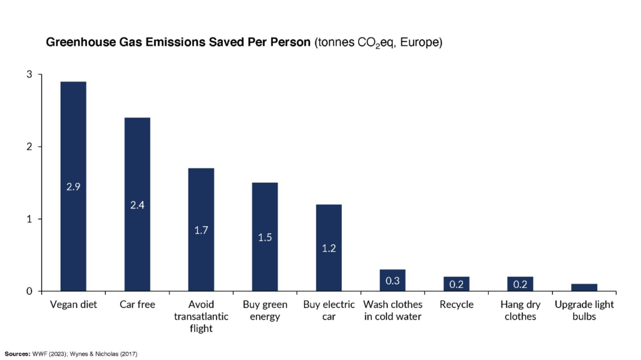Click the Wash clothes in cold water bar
(392, 280)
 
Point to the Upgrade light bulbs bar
(584, 287)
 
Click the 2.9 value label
(73, 187)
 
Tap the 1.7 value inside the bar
(201, 230)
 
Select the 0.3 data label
(392, 280)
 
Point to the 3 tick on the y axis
(29, 75)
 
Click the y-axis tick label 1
(29, 219)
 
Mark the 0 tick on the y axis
(29, 291)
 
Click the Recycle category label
(456, 305)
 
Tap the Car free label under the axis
(137, 305)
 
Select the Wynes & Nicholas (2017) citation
(106, 354)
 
